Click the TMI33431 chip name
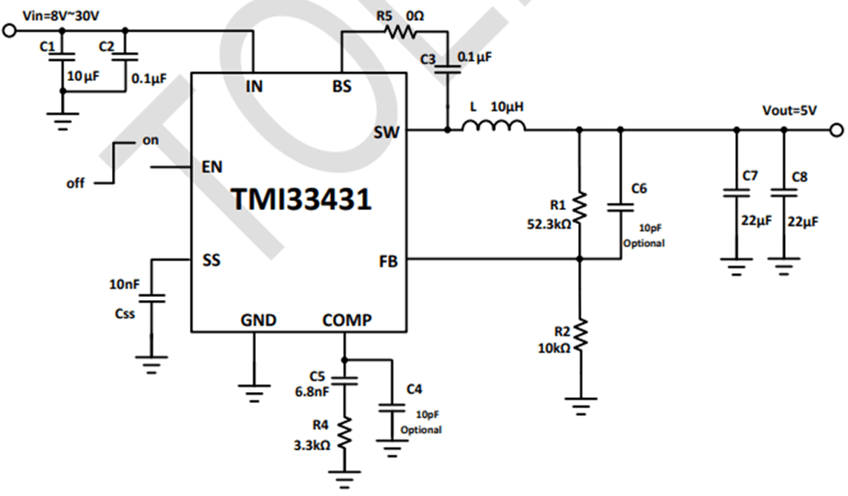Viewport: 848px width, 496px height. (x=300, y=199)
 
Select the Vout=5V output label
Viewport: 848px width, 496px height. (x=789, y=111)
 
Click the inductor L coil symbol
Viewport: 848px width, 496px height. (x=493, y=128)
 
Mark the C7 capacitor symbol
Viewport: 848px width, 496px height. (x=736, y=193)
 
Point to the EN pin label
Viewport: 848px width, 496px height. (x=212, y=167)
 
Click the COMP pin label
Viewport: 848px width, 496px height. (x=346, y=320)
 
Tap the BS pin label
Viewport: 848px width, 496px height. (x=342, y=86)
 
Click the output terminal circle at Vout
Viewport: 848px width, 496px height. (x=837, y=131)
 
